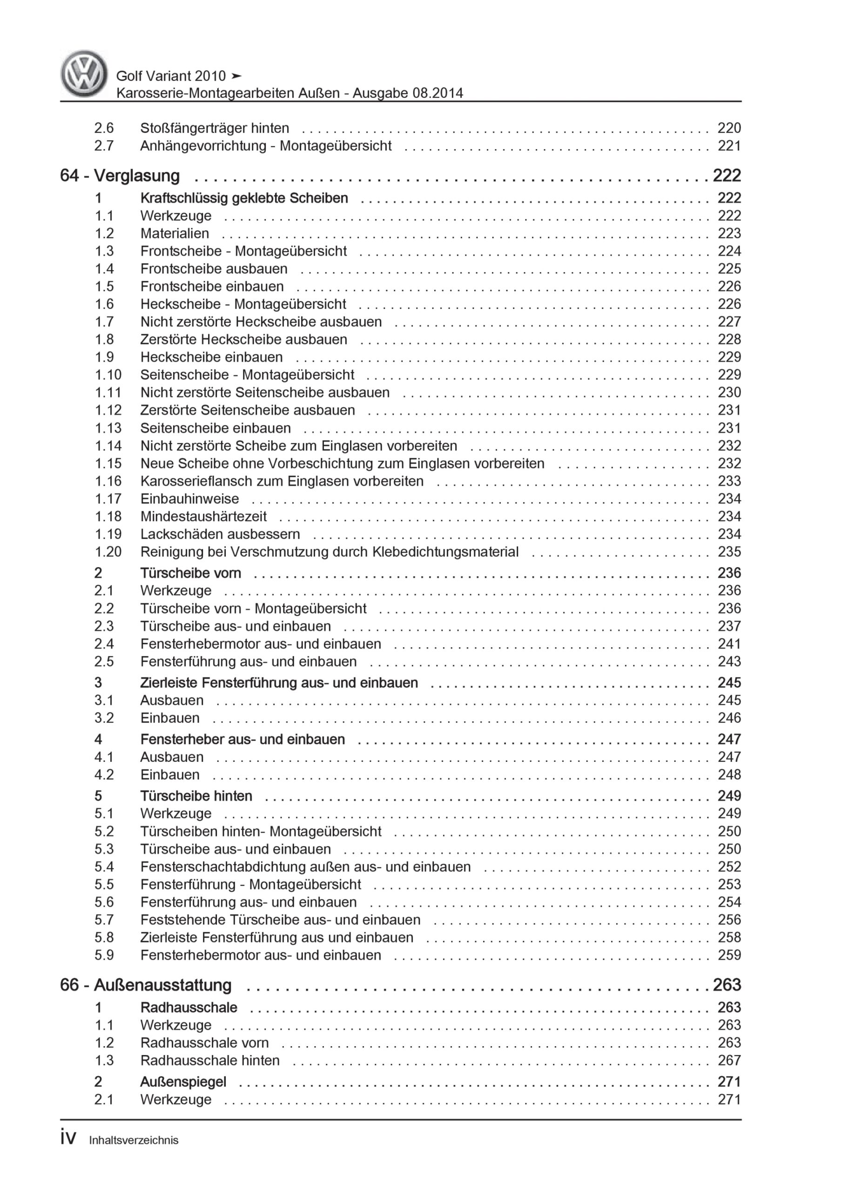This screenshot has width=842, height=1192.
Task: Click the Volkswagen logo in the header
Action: point(84,74)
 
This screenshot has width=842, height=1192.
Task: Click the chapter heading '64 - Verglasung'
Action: point(120,176)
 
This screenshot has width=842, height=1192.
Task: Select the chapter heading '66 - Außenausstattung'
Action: point(146,985)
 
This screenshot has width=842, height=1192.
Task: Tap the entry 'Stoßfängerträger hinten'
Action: point(215,128)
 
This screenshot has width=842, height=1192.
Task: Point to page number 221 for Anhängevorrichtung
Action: point(729,145)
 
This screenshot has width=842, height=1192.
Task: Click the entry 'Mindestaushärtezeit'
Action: point(203,516)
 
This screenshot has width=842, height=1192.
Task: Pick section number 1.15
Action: point(108,463)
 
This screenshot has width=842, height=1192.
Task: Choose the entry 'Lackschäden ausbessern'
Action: point(220,534)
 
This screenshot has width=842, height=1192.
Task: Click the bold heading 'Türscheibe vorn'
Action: point(190,573)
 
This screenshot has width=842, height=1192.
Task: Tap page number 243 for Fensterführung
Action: point(729,661)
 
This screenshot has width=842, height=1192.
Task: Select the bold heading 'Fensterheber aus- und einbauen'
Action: point(242,739)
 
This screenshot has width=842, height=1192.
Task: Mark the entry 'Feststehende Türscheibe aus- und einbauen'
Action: point(280,920)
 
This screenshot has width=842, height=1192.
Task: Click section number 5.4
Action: point(104,867)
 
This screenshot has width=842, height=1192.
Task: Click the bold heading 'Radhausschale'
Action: point(189,1007)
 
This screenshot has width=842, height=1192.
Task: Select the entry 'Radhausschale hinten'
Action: point(210,1060)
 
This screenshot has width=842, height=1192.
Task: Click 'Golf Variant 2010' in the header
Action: point(171,76)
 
